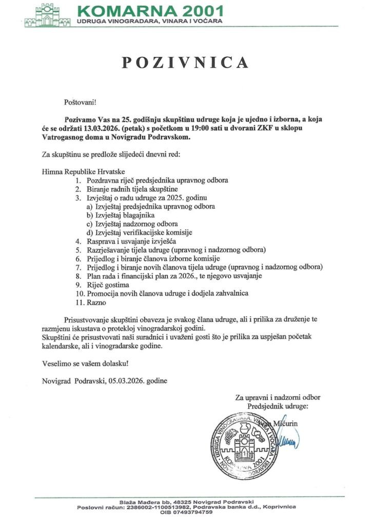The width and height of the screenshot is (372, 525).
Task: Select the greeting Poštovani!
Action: pyautogui.click(x=80, y=103)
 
